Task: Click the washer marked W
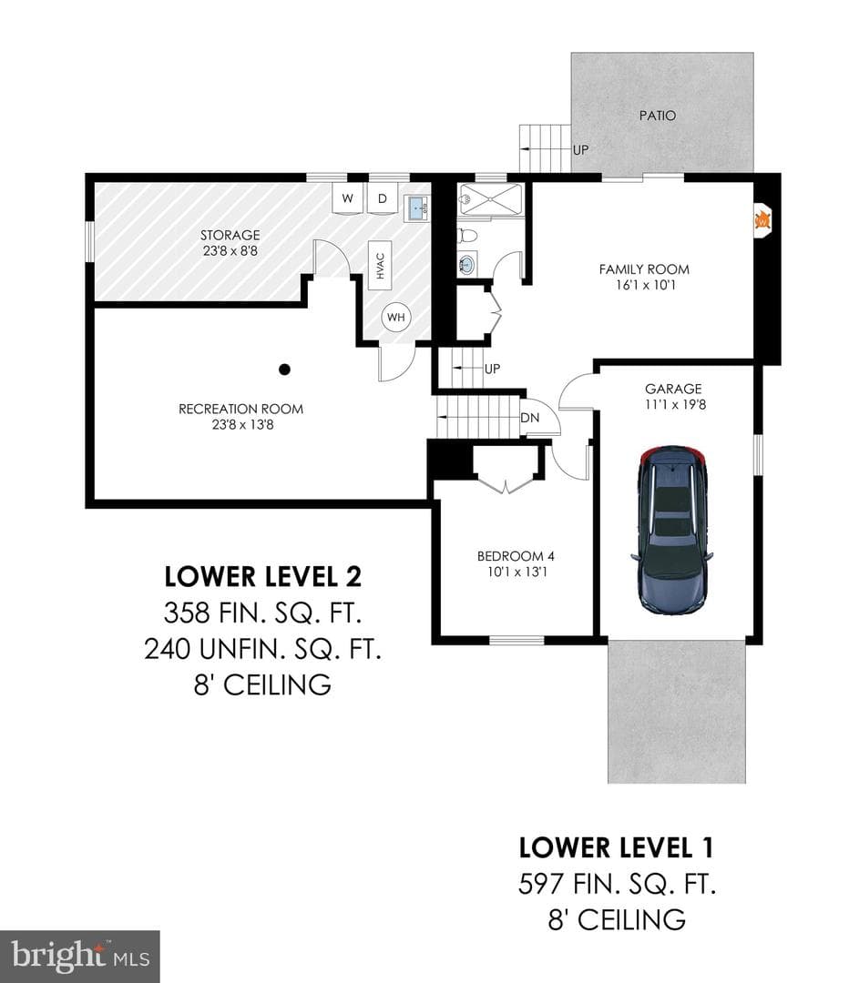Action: pyautogui.click(x=347, y=198)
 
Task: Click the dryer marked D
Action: pyautogui.click(x=382, y=198)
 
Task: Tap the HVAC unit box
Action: pyautogui.click(x=380, y=265)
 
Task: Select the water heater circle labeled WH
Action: pyautogui.click(x=396, y=318)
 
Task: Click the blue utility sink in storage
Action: pyautogui.click(x=417, y=208)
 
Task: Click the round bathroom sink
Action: pyautogui.click(x=466, y=264)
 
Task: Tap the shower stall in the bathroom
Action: pyautogui.click(x=490, y=198)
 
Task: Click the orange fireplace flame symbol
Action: pyautogui.click(x=762, y=220)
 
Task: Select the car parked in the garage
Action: pyautogui.click(x=672, y=530)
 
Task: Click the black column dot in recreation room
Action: pyautogui.click(x=284, y=370)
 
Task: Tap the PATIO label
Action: pyautogui.click(x=658, y=116)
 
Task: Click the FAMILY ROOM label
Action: pyautogui.click(x=644, y=269)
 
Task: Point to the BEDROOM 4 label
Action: pyautogui.click(x=516, y=556)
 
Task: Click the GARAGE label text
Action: pyautogui.click(x=673, y=389)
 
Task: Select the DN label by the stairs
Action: pyautogui.click(x=530, y=418)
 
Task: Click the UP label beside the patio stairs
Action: pyautogui.click(x=580, y=150)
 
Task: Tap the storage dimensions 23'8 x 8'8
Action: pyautogui.click(x=230, y=251)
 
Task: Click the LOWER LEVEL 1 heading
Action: pyautogui.click(x=616, y=847)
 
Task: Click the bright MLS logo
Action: pyautogui.click(x=79, y=957)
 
